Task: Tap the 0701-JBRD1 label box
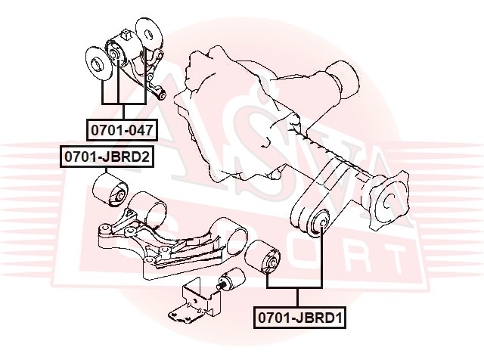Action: [299, 319]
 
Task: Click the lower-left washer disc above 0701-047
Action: [98, 65]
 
